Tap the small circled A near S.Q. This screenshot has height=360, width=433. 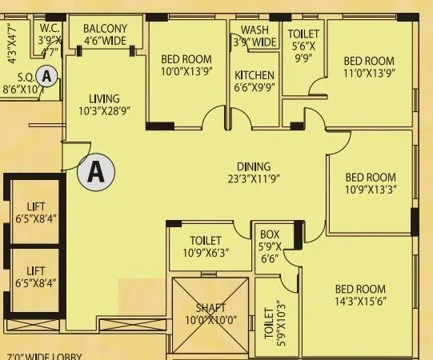(x=48, y=77)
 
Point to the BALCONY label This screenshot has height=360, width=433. (x=104, y=30)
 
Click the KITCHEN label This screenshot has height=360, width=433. (x=255, y=76)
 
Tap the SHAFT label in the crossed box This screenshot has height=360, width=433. (x=210, y=308)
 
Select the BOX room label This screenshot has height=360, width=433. (x=270, y=234)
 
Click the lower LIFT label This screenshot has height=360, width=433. (x=36, y=271)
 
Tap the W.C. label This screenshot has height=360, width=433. (x=47, y=26)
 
